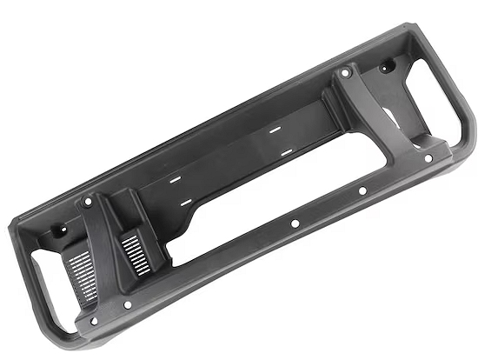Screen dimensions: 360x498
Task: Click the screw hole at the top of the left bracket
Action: click(x=87, y=202)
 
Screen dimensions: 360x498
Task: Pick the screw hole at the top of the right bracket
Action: click(x=345, y=73)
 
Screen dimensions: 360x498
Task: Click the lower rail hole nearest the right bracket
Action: click(x=362, y=190)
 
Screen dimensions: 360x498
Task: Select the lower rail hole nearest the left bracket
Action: click(x=295, y=223)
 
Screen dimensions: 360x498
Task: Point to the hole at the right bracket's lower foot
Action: click(x=427, y=158)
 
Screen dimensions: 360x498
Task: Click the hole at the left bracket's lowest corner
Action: click(x=94, y=321)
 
